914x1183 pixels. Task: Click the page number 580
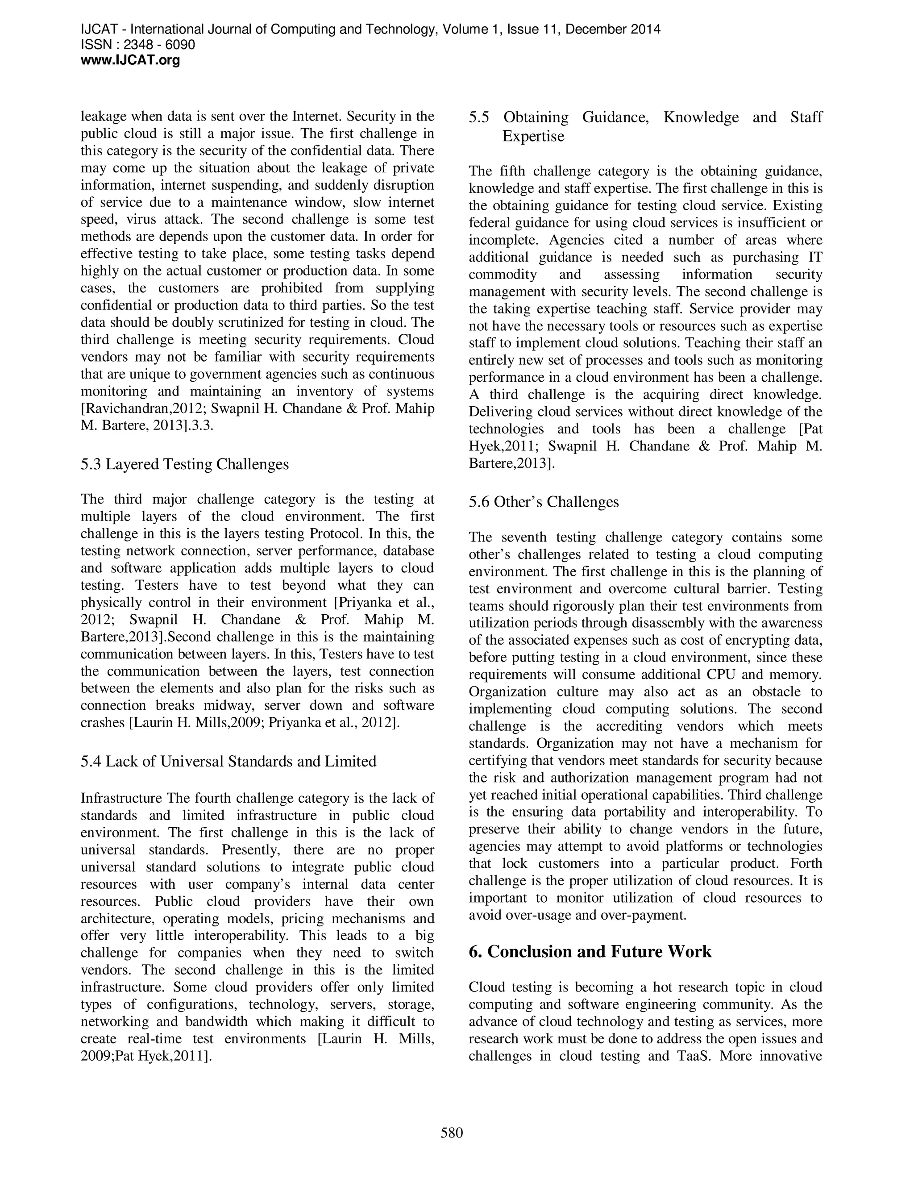point(452,1133)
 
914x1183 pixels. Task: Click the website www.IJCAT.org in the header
point(130,60)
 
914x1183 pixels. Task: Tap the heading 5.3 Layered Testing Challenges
point(185,464)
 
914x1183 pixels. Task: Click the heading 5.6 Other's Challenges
point(544,502)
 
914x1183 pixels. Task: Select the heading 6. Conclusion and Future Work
point(590,951)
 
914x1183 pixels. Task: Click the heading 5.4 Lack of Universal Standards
point(228,761)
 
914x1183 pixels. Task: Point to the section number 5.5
point(479,117)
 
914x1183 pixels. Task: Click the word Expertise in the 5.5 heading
point(533,136)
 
